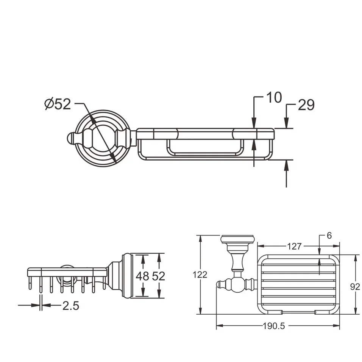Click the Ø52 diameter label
pos(58,104)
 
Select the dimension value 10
pos(274,98)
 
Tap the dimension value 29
pos(306,105)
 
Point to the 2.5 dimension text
pos(70,306)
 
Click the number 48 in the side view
pos(142,276)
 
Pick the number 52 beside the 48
pos(159,276)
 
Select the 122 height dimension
pos(200,275)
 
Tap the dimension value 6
pos(329,236)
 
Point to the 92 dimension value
pos(355,287)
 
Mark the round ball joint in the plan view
pos(238,284)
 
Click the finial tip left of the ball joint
pos(220,284)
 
